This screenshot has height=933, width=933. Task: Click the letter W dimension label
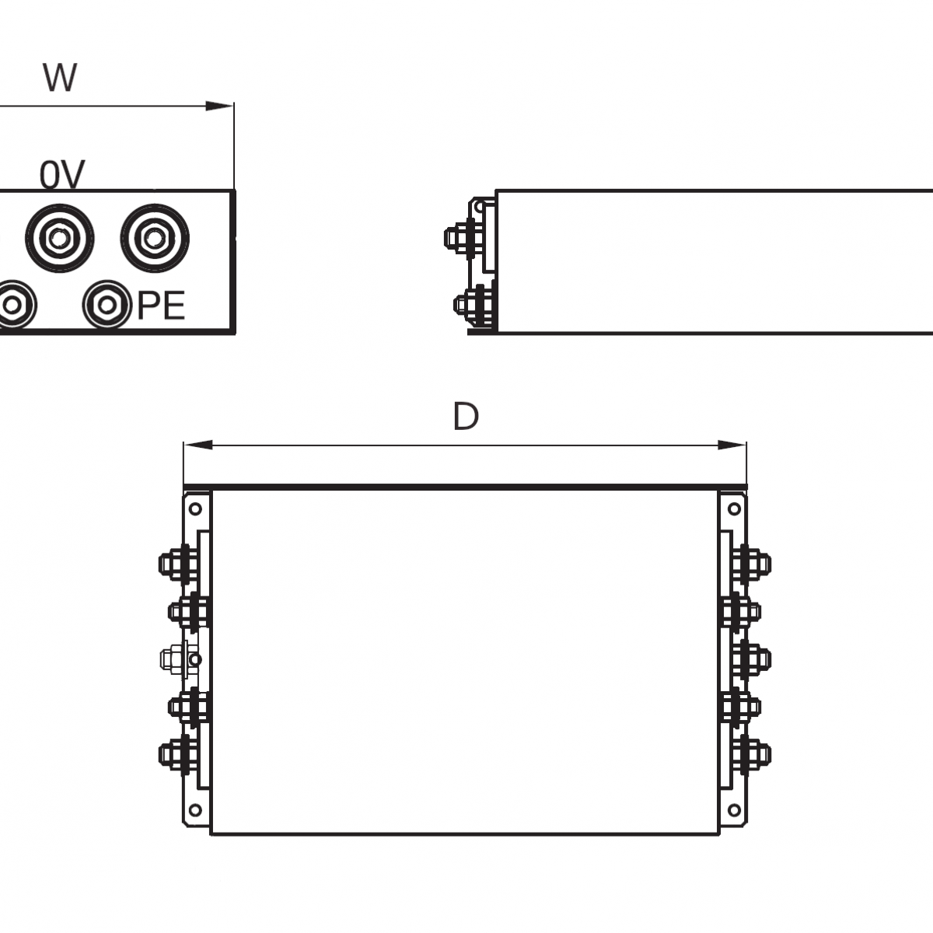click(60, 78)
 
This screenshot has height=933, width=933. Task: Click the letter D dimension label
click(465, 418)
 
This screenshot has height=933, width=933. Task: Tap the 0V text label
click(62, 176)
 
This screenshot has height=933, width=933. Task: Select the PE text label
click(162, 306)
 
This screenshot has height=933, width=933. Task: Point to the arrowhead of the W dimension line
click(221, 106)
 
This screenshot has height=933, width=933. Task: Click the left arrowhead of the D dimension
click(197, 446)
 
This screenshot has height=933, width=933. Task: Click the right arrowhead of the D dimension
click(732, 446)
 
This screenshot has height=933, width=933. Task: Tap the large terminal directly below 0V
click(59, 238)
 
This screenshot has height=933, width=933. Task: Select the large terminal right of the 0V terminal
click(155, 238)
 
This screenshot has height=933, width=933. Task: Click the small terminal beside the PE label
click(106, 306)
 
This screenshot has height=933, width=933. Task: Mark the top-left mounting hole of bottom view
click(195, 509)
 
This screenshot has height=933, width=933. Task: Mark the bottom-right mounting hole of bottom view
click(733, 811)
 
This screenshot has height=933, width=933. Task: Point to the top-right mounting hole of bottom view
click(733, 509)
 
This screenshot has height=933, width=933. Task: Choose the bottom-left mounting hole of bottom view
click(195, 811)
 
